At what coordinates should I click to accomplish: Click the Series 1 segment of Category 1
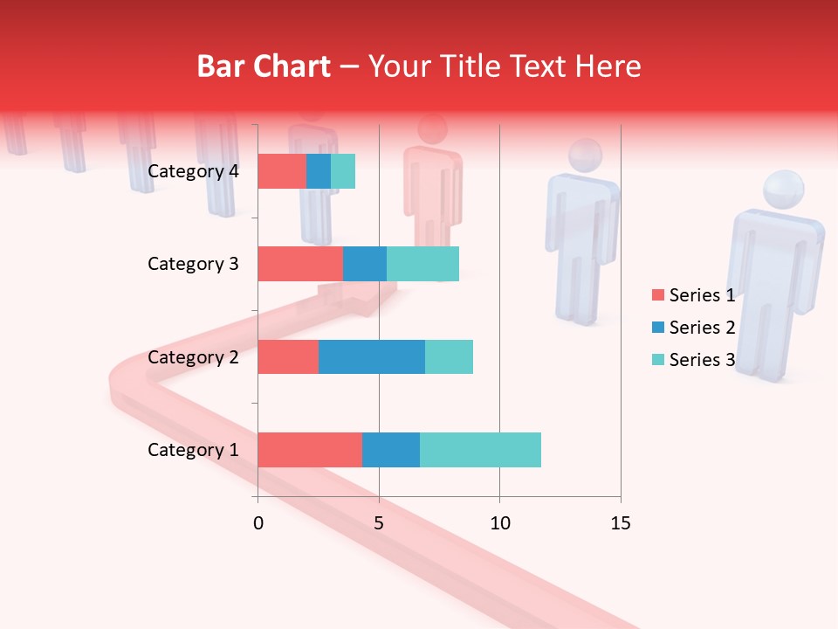[x=310, y=450]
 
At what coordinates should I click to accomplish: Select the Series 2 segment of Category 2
[x=372, y=356]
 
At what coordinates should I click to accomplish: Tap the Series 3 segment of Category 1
[x=480, y=450]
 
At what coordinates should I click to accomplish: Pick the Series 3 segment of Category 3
[x=422, y=264]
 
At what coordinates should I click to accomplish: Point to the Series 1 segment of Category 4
[x=282, y=171]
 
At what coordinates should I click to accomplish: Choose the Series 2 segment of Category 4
[x=319, y=171]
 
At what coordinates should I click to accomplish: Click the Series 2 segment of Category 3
[x=365, y=264]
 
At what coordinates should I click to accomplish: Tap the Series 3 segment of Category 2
[x=449, y=356]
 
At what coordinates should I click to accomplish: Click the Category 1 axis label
[x=193, y=450]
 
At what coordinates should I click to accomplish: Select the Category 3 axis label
[x=193, y=264]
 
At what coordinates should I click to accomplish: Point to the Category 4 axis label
[x=193, y=171]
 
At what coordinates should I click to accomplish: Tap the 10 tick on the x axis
[x=499, y=523]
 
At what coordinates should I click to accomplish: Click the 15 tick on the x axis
[x=620, y=523]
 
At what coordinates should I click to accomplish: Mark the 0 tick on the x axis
[x=258, y=523]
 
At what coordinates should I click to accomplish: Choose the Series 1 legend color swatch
[x=657, y=295]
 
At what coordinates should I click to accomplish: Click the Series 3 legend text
[x=702, y=360]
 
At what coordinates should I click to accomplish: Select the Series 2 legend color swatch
[x=657, y=328]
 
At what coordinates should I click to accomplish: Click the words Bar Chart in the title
[x=264, y=66]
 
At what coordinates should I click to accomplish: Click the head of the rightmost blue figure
[x=783, y=190]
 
